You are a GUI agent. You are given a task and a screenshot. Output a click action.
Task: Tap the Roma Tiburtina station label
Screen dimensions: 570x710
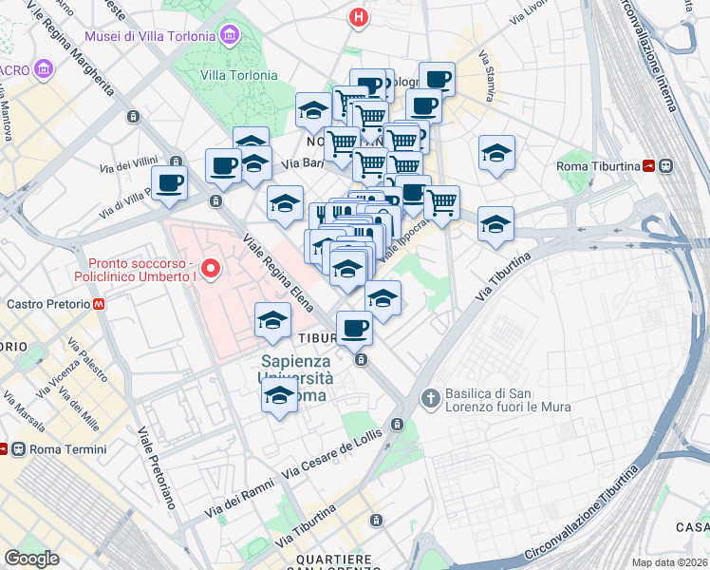599,166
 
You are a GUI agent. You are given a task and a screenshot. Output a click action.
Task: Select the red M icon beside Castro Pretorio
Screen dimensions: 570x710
99,305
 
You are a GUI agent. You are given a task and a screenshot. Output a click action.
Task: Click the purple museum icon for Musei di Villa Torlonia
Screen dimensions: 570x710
229,36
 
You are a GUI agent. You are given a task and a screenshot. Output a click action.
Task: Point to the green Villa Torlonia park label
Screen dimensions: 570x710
238,75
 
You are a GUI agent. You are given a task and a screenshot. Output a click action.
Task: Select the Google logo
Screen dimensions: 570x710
31,559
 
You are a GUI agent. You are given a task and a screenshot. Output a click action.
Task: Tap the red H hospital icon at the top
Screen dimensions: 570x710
358,16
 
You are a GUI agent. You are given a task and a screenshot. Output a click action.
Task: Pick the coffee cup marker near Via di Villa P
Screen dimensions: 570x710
169,182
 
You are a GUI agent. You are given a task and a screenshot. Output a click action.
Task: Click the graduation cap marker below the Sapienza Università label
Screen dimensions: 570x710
279,396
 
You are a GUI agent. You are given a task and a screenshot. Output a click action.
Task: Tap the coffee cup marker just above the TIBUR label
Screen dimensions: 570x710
354,328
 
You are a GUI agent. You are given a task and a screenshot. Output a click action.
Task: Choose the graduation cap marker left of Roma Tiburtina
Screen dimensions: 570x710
495,154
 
